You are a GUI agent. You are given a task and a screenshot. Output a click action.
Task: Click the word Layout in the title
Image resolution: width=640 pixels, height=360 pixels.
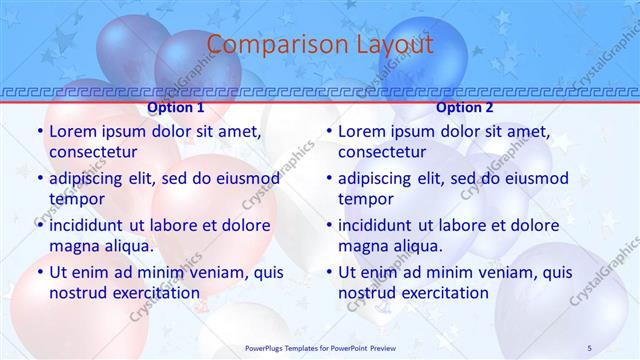click(393, 44)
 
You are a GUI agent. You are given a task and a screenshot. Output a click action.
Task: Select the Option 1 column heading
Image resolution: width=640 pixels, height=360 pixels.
click(176, 107)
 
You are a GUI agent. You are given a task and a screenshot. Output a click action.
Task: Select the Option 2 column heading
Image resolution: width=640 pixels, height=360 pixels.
click(465, 107)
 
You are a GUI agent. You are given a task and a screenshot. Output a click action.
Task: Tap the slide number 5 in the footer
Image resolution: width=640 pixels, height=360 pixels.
click(589, 348)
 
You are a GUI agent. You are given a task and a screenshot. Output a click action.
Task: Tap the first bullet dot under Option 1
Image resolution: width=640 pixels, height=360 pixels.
click(39, 132)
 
